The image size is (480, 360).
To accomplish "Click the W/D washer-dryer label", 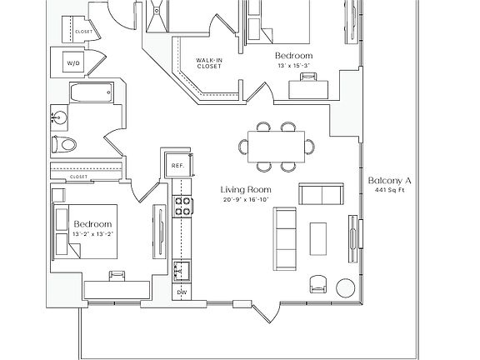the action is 73,63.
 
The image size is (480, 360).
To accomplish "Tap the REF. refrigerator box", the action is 177,165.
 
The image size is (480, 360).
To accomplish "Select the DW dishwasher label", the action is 182,292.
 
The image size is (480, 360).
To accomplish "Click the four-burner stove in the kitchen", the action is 182,207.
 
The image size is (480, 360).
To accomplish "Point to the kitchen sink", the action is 182,271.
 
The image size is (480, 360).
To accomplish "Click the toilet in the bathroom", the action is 64,144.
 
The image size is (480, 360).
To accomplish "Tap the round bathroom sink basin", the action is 59,117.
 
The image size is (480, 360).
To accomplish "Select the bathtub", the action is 92,92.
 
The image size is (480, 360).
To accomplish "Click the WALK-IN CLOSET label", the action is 209,63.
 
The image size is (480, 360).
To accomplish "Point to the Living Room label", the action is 246,190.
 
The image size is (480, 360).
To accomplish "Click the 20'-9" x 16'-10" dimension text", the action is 246,200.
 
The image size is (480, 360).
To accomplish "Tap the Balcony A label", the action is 390,181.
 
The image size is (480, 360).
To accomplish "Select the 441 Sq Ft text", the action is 390,190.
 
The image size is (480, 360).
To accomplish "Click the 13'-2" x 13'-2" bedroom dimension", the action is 92,234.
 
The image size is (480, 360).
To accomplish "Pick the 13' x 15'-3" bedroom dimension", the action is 294,65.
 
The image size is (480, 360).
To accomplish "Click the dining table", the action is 276,147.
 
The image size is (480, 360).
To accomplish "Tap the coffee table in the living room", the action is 318,239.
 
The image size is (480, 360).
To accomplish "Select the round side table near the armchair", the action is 346,287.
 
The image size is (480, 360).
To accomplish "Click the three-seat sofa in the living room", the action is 285,239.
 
